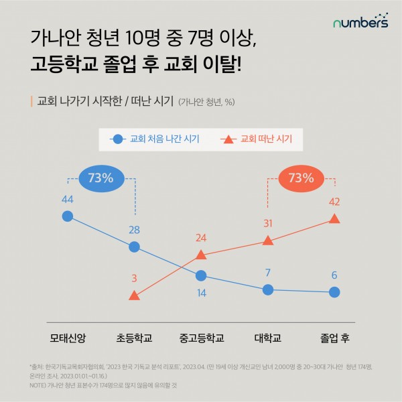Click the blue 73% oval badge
pyautogui.click(x=100, y=178)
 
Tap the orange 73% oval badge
pyautogui.click(x=301, y=178)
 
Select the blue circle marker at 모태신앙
pyautogui.click(x=67, y=216)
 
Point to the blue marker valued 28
pyautogui.click(x=134, y=247)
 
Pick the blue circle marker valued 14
pyautogui.click(x=201, y=275)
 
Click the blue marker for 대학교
pyautogui.click(x=268, y=289)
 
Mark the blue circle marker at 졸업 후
pyautogui.click(x=335, y=292)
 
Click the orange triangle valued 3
pyautogui.click(x=134, y=295)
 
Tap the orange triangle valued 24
pyautogui.click(x=201, y=254)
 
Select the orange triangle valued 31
pyautogui.click(x=268, y=240)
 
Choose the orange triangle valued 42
pyautogui.click(x=335, y=218)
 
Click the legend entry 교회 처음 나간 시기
pyautogui.click(x=151, y=139)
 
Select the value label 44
pyautogui.click(x=67, y=199)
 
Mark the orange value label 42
pyautogui.click(x=335, y=202)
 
